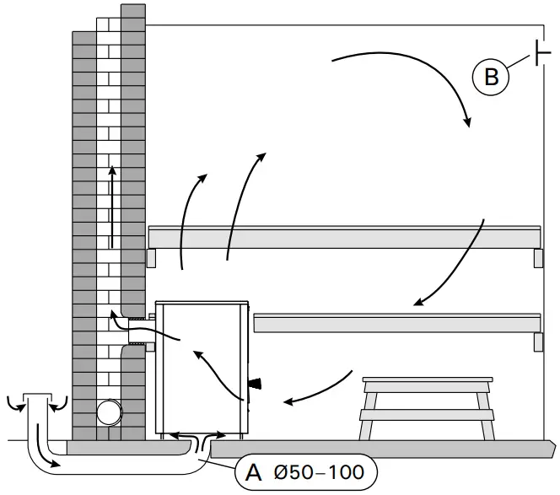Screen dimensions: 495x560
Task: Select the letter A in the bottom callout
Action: pos(252,471)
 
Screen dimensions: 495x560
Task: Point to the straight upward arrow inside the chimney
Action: pos(111,207)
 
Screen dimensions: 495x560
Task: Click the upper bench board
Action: pos(344,238)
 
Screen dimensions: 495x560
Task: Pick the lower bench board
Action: pos(396,323)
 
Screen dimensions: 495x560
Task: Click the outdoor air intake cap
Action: pos(37,398)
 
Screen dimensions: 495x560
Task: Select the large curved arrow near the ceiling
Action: pos(405,80)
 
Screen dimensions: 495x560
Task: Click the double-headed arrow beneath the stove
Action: pos(197,435)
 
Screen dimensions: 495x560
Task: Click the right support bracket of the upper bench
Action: pos(537,258)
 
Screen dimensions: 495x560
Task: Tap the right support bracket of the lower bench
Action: pos(537,342)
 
